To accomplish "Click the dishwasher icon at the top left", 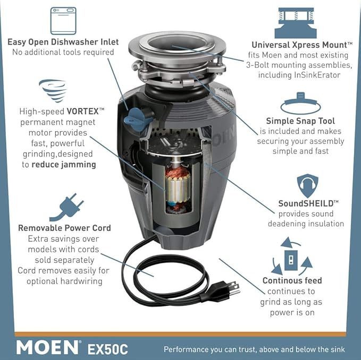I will pos(62,21).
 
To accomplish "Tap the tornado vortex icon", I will pos(53,91).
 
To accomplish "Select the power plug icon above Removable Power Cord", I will pos(66,207).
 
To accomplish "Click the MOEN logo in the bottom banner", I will pos(48,347).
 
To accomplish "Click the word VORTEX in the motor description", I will pos(85,112).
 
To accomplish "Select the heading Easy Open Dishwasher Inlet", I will pos(63,42).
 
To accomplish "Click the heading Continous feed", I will pos(292,280).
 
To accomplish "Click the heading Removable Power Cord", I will pos(64,228).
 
